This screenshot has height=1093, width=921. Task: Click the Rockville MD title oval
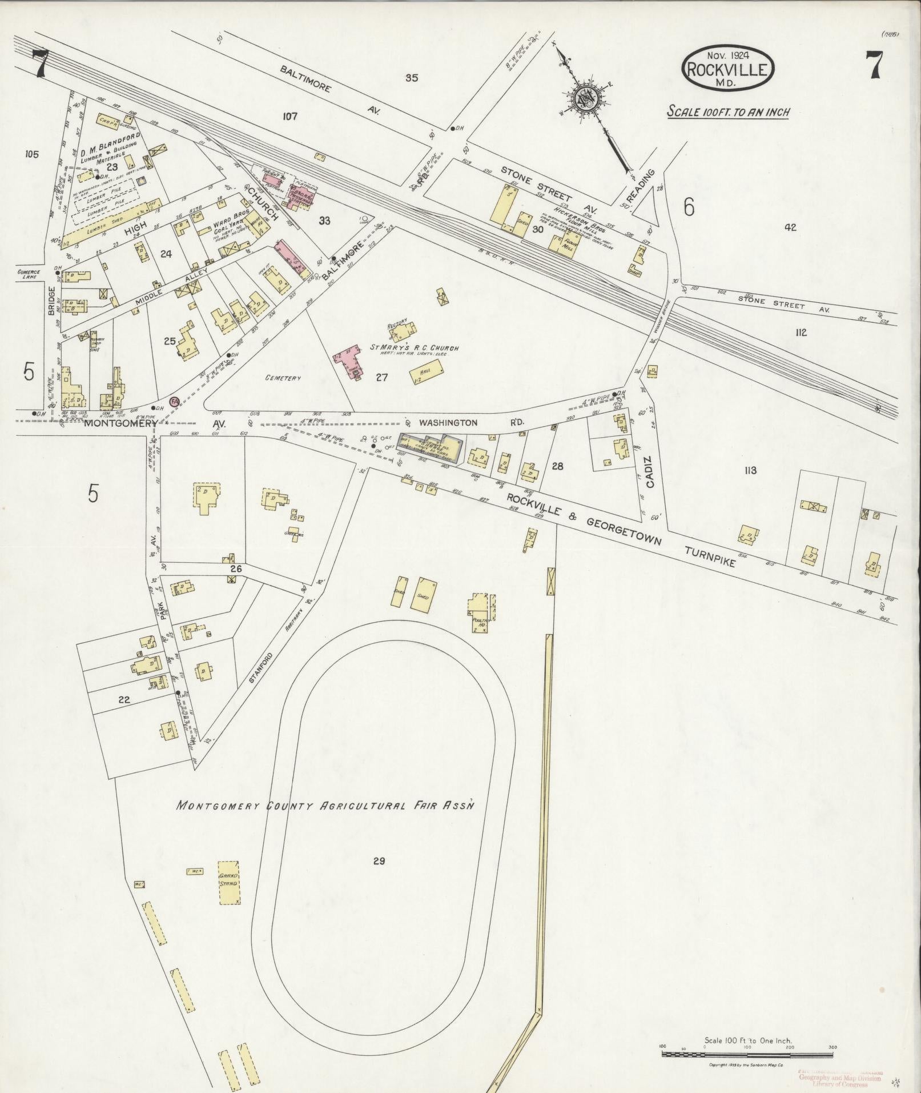[727, 68]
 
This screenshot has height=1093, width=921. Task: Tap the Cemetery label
[283, 378]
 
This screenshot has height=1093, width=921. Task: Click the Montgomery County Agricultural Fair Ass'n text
[326, 805]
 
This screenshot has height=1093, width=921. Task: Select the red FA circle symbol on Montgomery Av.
[175, 401]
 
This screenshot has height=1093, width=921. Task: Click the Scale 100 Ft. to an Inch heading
[729, 111]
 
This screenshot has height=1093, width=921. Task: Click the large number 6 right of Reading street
[689, 208]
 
